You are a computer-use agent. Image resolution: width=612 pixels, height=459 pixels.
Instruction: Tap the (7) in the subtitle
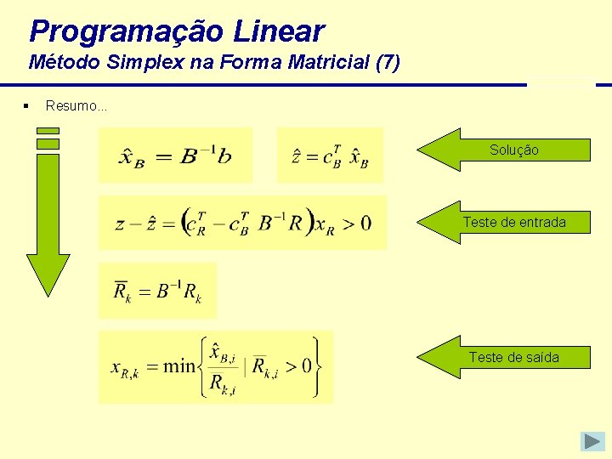click(x=386, y=62)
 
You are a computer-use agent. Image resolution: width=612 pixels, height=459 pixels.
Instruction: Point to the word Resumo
click(x=75, y=106)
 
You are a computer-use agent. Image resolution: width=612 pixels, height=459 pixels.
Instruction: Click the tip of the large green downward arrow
click(x=48, y=291)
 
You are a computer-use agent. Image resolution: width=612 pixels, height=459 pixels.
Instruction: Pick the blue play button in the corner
click(x=592, y=441)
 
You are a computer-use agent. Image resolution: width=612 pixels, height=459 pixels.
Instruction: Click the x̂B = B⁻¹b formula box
click(x=176, y=155)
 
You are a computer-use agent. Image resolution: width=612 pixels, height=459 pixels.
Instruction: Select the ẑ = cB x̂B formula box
click(x=330, y=155)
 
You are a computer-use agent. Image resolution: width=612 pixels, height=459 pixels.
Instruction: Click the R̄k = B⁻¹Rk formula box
click(x=157, y=291)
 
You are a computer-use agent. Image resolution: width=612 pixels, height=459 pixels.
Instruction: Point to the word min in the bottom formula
click(x=178, y=367)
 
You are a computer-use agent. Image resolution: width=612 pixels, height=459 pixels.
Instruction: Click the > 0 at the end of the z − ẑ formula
click(x=359, y=224)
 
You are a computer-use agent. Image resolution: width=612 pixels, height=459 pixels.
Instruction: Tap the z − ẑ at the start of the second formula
click(x=133, y=224)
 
